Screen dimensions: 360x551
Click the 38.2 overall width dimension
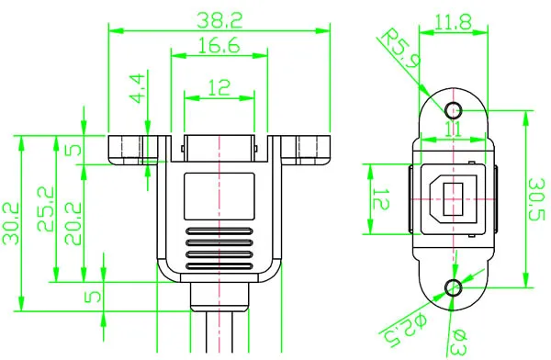(x=218, y=17)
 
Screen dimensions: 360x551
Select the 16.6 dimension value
(x=218, y=44)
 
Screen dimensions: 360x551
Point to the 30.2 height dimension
(x=12, y=225)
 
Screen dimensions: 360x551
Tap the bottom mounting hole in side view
(x=451, y=288)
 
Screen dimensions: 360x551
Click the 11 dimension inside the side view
(x=452, y=130)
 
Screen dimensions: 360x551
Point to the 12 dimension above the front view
(x=218, y=87)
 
